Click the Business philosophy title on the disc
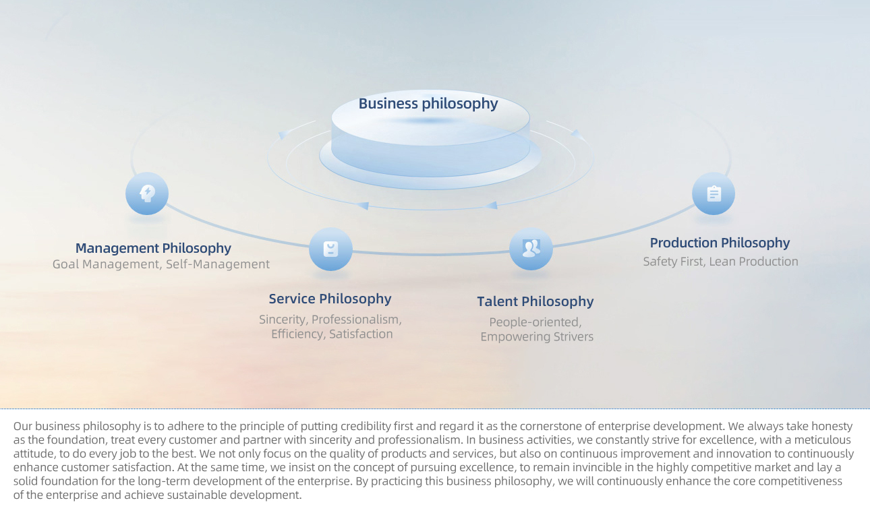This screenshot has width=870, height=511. [x=428, y=104]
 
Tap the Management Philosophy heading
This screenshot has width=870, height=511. [x=153, y=248]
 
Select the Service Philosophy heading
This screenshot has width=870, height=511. [x=330, y=299]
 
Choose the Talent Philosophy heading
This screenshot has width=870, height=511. [x=535, y=302]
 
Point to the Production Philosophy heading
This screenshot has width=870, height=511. [x=720, y=243]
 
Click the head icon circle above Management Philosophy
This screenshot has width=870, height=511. [x=147, y=193]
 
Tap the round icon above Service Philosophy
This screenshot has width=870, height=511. [x=330, y=249]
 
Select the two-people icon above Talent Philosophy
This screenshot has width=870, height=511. [x=531, y=249]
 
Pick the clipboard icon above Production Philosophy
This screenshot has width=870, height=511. [x=714, y=193]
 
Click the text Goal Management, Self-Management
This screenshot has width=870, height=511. [x=161, y=264]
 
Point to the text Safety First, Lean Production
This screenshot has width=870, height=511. [x=720, y=262]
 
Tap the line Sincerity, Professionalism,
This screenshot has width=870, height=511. [x=330, y=320]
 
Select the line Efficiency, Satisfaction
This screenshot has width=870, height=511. [x=332, y=334]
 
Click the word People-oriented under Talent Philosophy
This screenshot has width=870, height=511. [x=534, y=322]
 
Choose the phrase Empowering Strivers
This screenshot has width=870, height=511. [x=537, y=336]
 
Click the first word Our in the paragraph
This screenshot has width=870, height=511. [x=23, y=426]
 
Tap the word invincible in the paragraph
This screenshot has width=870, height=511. [x=597, y=467]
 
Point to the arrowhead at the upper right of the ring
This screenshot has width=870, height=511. [x=577, y=134]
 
